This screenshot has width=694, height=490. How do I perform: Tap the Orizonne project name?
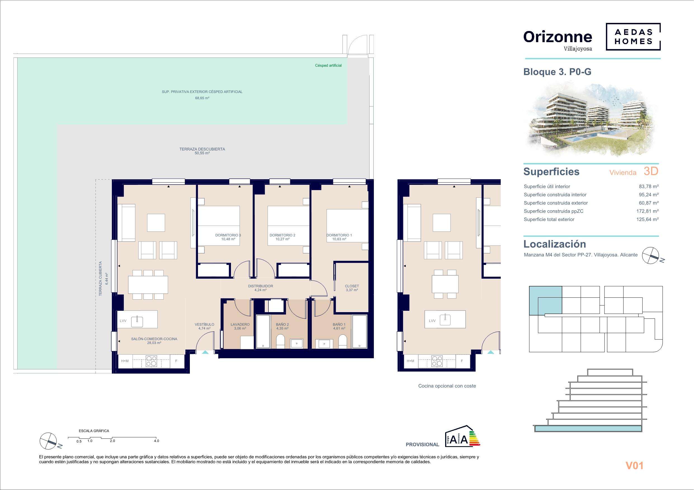pos(558,37)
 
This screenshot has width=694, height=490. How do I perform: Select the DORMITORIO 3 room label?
pos(228,235)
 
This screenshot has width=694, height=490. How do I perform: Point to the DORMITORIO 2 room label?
pos(282,235)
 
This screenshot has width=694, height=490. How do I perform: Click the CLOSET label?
pos(352,286)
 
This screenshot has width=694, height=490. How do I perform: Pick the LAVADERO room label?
pos(240,324)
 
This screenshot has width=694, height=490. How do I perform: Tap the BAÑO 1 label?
pos(339,324)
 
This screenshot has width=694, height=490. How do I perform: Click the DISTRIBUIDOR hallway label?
pos(260,286)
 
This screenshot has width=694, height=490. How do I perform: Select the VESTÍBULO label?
pos(204,324)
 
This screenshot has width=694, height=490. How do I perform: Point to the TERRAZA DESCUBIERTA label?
pos(202,149)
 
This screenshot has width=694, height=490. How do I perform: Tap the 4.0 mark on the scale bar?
pos(156,441)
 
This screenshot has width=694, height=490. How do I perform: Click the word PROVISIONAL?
pos(422,444)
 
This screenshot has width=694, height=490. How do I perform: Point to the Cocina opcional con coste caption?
pos(447,386)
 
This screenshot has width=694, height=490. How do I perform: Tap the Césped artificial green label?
pos(328,66)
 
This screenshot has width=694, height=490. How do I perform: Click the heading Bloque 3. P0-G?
pos(557,72)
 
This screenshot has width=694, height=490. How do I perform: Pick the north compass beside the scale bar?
pos(48,441)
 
